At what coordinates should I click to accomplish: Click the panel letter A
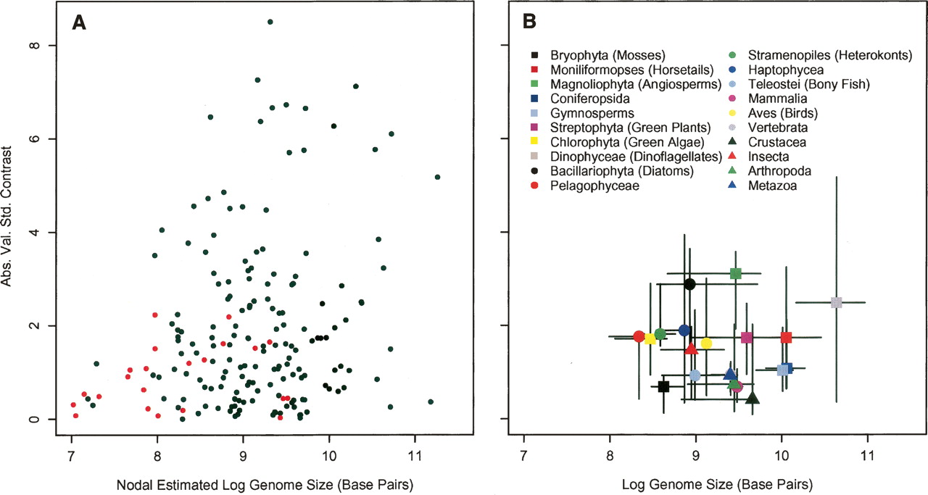(79, 23)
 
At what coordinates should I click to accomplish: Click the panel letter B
(529, 23)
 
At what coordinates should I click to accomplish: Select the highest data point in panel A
(270, 22)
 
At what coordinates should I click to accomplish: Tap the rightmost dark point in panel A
(437, 177)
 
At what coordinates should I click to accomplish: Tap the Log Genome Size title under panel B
(695, 483)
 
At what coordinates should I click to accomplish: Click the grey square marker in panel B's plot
(836, 302)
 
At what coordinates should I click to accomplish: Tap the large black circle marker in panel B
(689, 284)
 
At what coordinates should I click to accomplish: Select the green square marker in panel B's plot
(736, 273)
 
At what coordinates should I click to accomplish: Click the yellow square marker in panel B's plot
(650, 338)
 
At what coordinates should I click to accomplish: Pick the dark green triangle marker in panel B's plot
(752, 398)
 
